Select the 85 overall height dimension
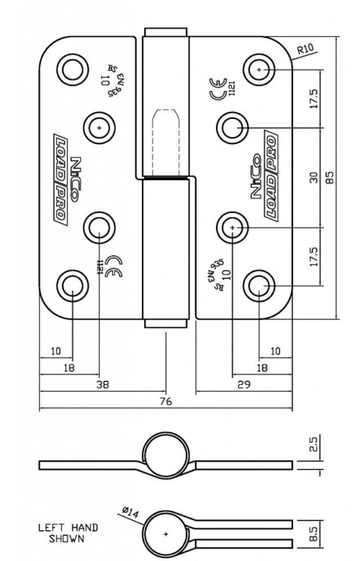[330, 176]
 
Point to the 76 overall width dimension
[166, 403]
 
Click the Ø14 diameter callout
[130, 512]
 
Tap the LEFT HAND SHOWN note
[68, 532]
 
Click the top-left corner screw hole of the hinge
[71, 70]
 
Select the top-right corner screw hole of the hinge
[260, 69]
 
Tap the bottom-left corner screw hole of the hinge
[71, 285]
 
